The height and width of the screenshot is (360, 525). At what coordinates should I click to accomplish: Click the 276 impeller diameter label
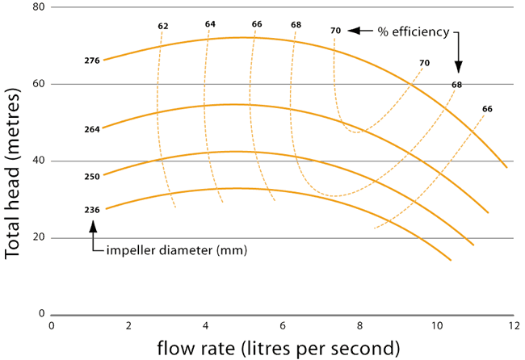click(x=92, y=61)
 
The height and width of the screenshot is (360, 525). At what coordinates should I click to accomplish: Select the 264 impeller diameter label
click(x=92, y=129)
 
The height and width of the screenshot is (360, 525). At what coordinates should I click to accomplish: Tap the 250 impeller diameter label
click(x=92, y=177)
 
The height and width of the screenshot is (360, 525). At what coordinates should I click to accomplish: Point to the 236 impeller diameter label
click(x=92, y=210)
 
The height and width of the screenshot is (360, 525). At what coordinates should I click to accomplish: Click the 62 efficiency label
click(x=163, y=26)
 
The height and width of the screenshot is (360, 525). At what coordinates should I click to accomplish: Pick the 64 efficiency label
click(x=210, y=24)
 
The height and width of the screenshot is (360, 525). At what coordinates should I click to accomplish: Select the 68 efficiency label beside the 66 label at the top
click(x=296, y=25)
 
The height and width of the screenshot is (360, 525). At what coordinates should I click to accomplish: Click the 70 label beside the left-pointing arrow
click(x=335, y=31)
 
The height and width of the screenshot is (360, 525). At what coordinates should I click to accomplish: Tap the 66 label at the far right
click(x=488, y=109)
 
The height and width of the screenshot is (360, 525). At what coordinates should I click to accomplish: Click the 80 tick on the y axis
click(x=39, y=7)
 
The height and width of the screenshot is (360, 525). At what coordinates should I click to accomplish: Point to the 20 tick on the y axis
click(x=39, y=237)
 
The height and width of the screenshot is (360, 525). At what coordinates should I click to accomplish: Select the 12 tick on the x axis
click(x=514, y=325)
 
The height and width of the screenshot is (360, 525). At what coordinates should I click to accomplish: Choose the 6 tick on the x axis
click(x=283, y=325)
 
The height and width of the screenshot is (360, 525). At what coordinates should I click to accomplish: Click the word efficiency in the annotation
click(x=421, y=32)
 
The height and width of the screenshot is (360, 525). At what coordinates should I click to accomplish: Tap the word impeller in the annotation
click(x=131, y=250)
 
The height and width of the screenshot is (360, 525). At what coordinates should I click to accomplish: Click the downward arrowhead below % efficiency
click(x=459, y=67)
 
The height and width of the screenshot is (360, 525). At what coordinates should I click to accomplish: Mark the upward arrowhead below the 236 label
click(x=93, y=226)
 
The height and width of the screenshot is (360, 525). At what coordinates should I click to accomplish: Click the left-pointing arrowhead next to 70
click(x=354, y=31)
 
